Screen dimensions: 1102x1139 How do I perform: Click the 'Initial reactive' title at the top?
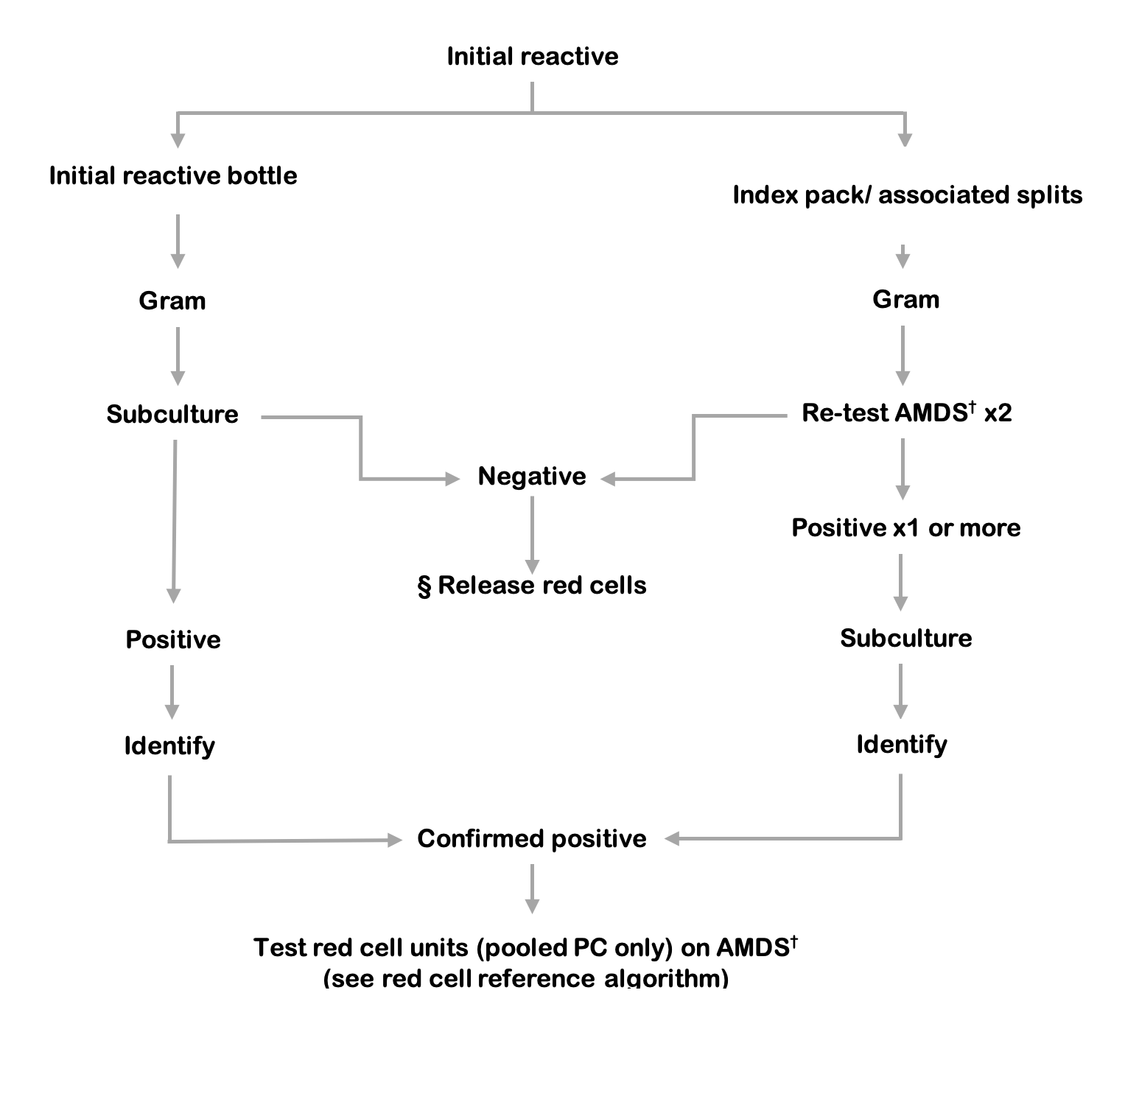[532, 57]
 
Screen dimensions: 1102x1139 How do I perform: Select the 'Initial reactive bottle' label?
[173, 176]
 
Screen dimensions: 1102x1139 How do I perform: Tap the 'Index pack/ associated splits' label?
[907, 195]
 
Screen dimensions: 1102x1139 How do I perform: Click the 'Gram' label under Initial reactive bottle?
[172, 301]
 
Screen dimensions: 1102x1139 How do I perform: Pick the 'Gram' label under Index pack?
[905, 300]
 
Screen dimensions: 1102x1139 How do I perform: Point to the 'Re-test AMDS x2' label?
[906, 413]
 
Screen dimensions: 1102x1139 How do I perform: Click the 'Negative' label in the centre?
[532, 477]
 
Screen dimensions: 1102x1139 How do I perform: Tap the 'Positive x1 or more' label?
[905, 528]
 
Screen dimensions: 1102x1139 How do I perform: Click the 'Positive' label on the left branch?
[173, 639]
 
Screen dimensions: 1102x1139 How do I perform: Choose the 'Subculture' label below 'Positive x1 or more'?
[905, 638]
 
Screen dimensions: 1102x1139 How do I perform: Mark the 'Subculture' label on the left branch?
[172, 415]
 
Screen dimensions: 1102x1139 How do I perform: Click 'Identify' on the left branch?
[169, 746]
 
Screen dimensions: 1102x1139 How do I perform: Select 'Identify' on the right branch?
[901, 745]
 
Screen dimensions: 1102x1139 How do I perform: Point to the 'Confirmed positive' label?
[531, 839]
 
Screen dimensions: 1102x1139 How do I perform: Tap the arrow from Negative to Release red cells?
[532, 534]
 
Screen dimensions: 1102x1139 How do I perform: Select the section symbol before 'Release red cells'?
[424, 587]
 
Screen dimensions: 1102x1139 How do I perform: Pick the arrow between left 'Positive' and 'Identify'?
[172, 692]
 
